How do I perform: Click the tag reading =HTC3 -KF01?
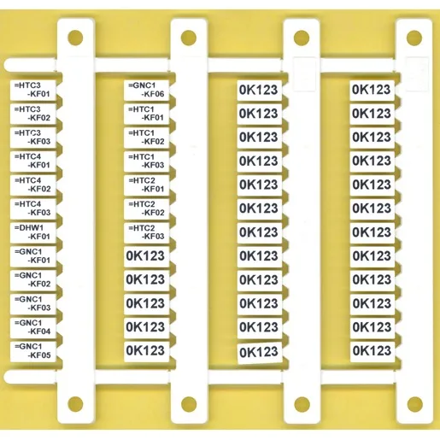32,90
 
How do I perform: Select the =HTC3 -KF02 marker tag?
32,114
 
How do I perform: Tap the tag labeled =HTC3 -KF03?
32,138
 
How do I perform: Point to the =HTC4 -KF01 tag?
32,161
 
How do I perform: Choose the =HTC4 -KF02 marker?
32,185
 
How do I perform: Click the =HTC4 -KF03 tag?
32,208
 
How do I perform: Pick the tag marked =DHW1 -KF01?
32,232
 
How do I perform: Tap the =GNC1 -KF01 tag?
32,256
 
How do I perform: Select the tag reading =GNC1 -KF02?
32,279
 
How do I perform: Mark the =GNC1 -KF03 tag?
32,303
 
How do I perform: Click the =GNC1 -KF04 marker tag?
32,327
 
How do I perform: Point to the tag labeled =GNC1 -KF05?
32,351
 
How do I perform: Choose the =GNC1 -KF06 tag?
146,90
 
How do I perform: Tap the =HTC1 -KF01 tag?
146,114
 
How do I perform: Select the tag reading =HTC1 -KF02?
146,138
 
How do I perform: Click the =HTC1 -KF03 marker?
146,161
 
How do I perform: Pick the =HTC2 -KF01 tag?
146,185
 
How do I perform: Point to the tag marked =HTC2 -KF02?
146,208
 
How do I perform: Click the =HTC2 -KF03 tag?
146,232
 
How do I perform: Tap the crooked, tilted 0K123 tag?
260,353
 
